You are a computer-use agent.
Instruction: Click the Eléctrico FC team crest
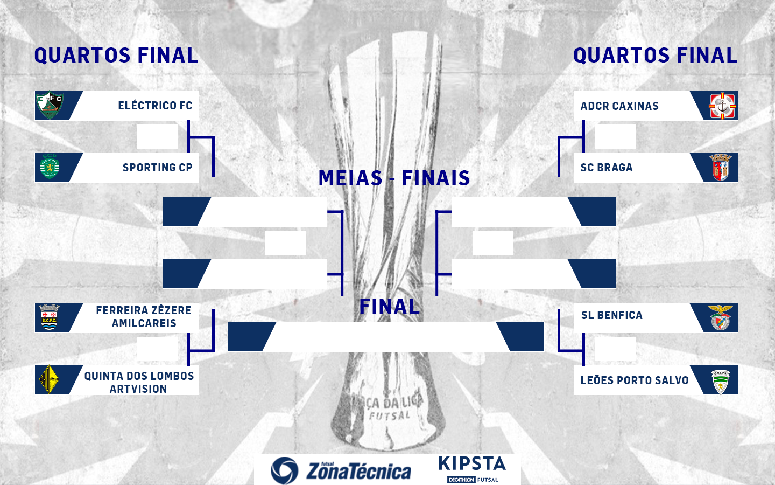coord(50,105)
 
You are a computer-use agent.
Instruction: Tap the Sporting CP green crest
coord(50,168)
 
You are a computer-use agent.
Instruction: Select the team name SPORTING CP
coord(157,168)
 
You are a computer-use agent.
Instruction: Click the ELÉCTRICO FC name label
coord(155,106)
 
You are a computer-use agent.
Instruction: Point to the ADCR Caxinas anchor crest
coord(722,106)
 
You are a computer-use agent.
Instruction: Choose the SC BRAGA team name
coord(607,168)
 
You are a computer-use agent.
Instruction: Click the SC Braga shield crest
coord(721,168)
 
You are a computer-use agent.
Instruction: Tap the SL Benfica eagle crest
coord(720,317)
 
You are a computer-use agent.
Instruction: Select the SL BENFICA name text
coord(611,315)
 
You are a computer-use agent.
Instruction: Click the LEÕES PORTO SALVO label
coord(634,380)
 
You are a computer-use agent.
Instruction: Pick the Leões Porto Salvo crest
coord(720,381)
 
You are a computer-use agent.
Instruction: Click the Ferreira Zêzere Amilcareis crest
coord(50,317)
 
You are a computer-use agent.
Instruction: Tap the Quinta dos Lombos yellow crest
coord(50,379)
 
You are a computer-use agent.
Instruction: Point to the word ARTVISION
coord(138,389)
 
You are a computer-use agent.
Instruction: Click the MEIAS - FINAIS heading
coord(394,178)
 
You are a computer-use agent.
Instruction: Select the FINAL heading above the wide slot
coord(389,307)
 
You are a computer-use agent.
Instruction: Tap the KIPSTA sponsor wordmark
coord(472,464)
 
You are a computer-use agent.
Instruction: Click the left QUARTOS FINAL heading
coord(116,56)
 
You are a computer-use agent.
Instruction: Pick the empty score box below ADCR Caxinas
coord(615,136)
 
